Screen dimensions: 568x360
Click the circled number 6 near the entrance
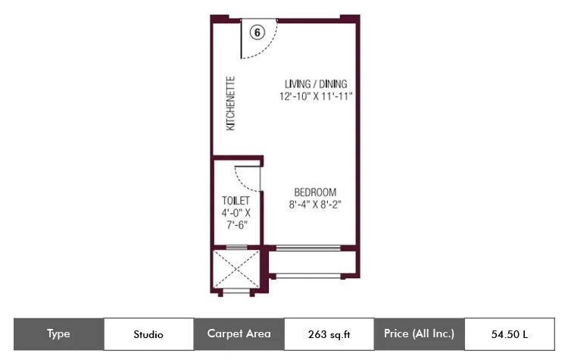click(x=257, y=33)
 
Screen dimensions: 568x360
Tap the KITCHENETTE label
click(x=231, y=104)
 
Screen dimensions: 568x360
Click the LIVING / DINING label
click(x=316, y=84)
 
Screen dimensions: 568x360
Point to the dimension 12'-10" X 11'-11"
click(x=316, y=96)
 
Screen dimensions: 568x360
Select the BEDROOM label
click(x=315, y=193)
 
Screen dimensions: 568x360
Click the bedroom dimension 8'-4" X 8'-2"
click(x=315, y=205)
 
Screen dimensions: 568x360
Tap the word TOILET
click(x=236, y=201)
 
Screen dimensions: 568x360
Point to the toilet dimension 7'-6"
click(x=237, y=225)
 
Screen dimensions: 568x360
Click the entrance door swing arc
click(x=267, y=50)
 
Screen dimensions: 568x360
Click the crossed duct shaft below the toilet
click(x=236, y=269)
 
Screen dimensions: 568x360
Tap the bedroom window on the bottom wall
click(x=308, y=249)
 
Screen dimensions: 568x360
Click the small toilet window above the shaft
click(x=236, y=248)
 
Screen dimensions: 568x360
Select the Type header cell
click(x=58, y=334)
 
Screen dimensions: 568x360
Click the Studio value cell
click(x=148, y=334)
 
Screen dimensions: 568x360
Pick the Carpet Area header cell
click(x=239, y=334)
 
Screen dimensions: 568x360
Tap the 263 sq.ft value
click(x=329, y=334)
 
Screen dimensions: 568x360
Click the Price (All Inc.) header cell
click(x=419, y=334)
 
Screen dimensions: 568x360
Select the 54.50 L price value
click(x=510, y=334)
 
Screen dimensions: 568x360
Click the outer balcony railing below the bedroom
click(x=308, y=277)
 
